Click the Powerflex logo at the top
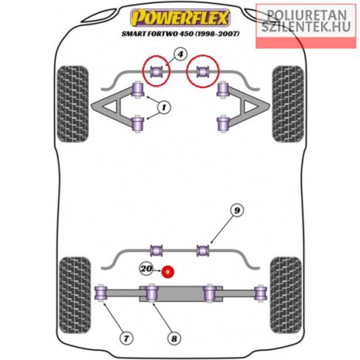[x=180, y=18]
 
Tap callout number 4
[x=180, y=54]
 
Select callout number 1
[x=164, y=107]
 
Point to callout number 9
[x=237, y=210]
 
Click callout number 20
[x=146, y=269]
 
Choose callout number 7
[x=126, y=339]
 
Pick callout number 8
[x=174, y=339]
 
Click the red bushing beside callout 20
[x=168, y=272]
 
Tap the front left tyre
[x=73, y=104]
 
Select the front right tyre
[x=288, y=104]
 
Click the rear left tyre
[x=75, y=295]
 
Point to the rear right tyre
[x=286, y=295]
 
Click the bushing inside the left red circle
[x=156, y=71]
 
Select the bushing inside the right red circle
[x=203, y=71]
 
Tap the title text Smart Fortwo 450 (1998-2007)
[x=180, y=34]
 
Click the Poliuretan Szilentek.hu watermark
[x=306, y=21]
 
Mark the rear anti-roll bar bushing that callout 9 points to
[x=203, y=251]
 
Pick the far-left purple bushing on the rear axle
[x=101, y=293]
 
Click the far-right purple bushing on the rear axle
[x=261, y=293]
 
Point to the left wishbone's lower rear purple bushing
[x=137, y=123]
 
